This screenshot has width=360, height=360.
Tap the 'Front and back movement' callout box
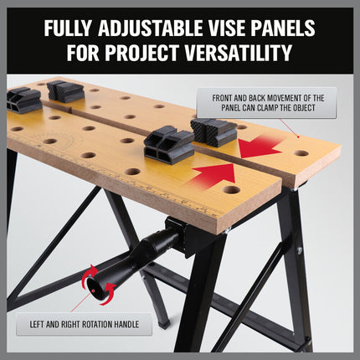click(x=267, y=103)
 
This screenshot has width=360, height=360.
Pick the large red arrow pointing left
click(x=261, y=148)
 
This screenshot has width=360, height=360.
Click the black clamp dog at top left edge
click(x=23, y=100)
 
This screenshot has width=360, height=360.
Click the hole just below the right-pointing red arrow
click(x=231, y=189)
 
